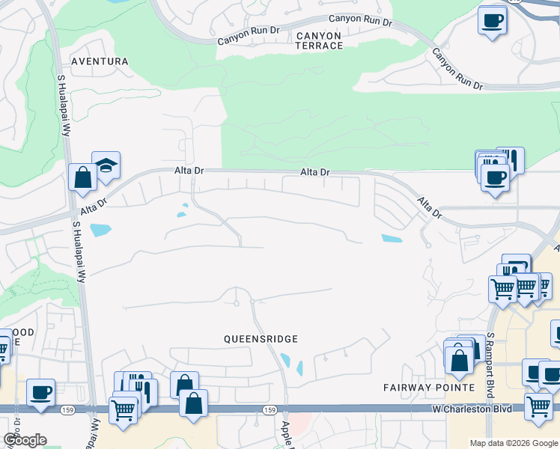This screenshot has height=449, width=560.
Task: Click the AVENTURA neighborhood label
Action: (100, 61)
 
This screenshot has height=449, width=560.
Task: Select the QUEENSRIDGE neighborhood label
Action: (261, 338)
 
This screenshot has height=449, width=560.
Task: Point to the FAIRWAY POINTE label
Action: (429, 387)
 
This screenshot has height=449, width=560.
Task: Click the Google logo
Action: (25, 440)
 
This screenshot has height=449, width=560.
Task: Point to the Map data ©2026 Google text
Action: (513, 443)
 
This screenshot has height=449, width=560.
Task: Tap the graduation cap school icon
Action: (106, 167)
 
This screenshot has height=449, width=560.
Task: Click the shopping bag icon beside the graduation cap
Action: (82, 178)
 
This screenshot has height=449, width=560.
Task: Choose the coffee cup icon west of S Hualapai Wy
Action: (40, 392)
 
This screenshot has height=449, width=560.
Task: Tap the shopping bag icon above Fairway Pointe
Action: (460, 360)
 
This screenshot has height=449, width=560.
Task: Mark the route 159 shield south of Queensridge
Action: (270, 409)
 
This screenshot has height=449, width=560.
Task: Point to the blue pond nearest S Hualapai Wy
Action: (100, 230)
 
